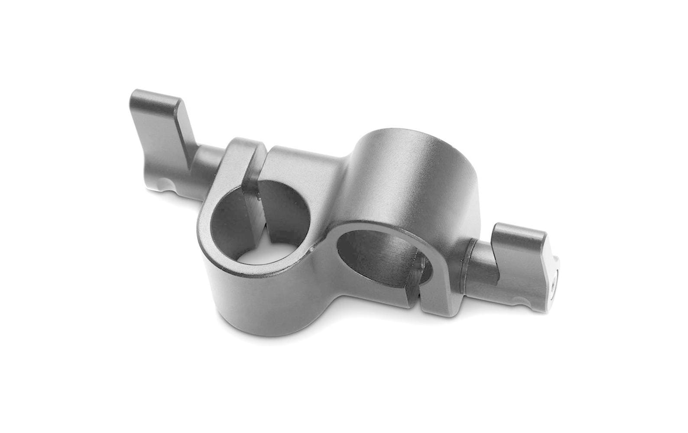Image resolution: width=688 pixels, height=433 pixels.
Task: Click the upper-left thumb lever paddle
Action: (x=156, y=130)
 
